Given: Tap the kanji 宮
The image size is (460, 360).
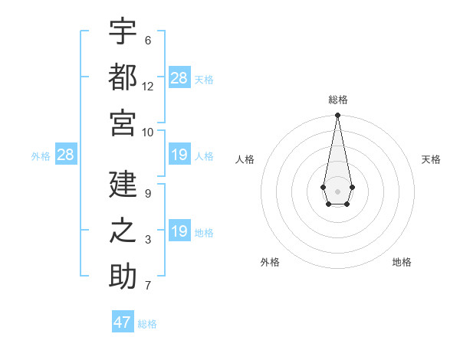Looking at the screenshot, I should [x=123, y=123].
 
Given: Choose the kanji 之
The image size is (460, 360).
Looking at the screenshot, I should [x=123, y=231].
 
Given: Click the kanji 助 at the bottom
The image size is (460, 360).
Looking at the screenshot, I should [x=123, y=277].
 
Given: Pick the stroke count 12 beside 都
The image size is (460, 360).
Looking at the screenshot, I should [x=148, y=87].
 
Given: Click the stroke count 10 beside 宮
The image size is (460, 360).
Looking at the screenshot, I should [x=148, y=133].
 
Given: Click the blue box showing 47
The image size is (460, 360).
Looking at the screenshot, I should [x=123, y=322].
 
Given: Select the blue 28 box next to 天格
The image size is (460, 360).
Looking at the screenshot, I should [x=179, y=77].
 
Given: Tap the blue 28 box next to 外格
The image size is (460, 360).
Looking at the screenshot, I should [x=66, y=155].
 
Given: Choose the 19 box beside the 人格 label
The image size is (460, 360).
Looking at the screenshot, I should [x=179, y=155].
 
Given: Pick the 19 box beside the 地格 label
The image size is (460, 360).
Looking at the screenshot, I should [x=179, y=232].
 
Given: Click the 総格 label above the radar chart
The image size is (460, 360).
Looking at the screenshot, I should [x=338, y=100].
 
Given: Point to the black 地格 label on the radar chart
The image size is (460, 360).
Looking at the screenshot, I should [x=402, y=262].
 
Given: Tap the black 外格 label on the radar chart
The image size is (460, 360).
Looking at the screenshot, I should [x=270, y=262].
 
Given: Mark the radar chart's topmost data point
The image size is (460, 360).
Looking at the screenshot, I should [x=337, y=116].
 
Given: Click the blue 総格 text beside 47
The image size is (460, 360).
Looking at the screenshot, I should [x=147, y=324].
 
